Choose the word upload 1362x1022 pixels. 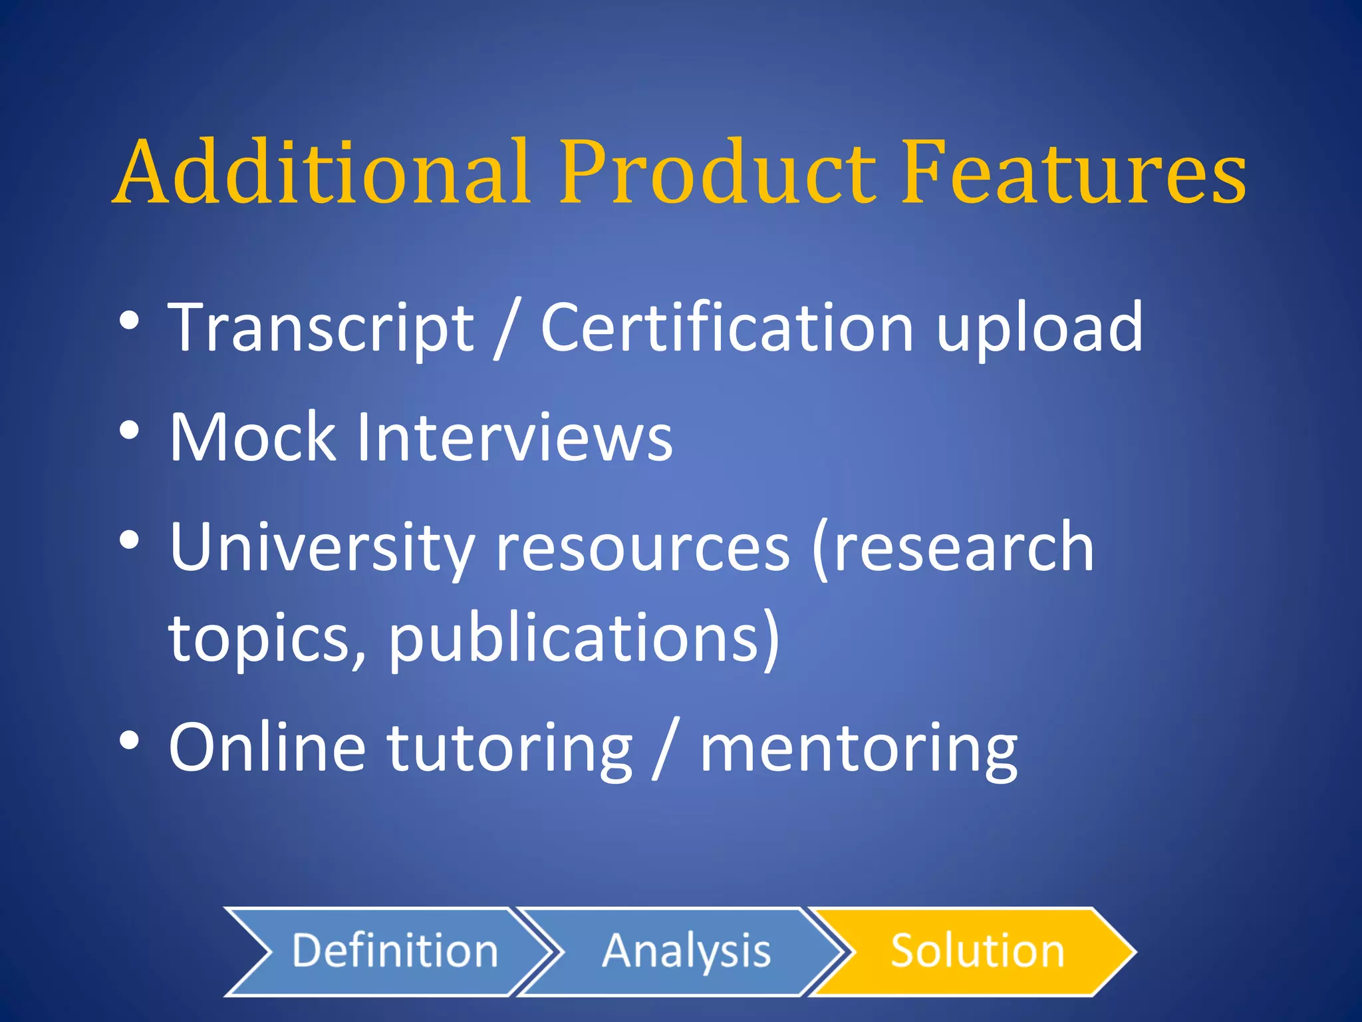click(x=1040, y=327)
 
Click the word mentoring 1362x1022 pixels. click(x=859, y=748)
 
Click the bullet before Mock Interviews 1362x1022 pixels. click(x=130, y=430)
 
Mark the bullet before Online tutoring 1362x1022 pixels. click(x=130, y=741)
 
